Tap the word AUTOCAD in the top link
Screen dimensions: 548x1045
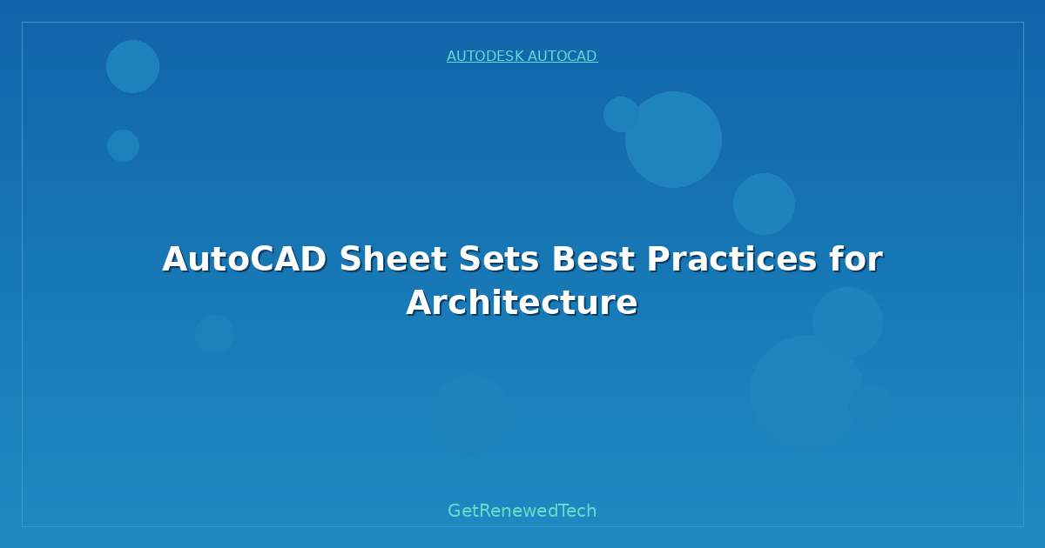point(562,57)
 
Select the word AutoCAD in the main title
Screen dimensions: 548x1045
point(244,260)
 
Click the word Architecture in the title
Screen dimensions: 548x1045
point(522,303)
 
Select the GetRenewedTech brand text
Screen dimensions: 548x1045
point(522,511)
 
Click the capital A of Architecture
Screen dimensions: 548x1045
point(419,303)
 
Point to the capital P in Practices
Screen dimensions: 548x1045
point(658,260)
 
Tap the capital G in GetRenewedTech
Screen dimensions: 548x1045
point(455,511)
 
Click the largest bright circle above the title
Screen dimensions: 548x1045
point(673,139)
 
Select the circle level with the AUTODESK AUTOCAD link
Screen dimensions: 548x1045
point(132,66)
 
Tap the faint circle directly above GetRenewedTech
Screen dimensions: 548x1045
point(470,414)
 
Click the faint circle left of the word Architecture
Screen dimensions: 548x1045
point(214,334)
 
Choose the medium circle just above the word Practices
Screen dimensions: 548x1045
point(764,204)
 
